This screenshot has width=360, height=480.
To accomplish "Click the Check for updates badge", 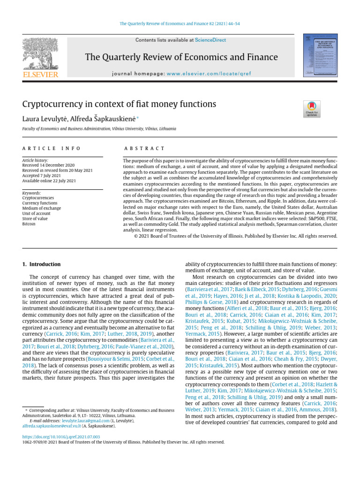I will point(312,109).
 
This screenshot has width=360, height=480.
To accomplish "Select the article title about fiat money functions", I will point(119,104).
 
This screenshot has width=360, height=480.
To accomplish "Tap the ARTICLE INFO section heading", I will point(52,148).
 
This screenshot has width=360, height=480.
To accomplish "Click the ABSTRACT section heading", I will point(143,148).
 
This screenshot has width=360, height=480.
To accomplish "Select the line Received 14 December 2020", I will point(48,165).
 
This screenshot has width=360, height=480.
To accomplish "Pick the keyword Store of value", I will point(35,218).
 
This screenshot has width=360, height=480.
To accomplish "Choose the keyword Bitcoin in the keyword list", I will point(29,224).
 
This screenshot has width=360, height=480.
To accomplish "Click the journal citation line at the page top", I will point(180,23).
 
